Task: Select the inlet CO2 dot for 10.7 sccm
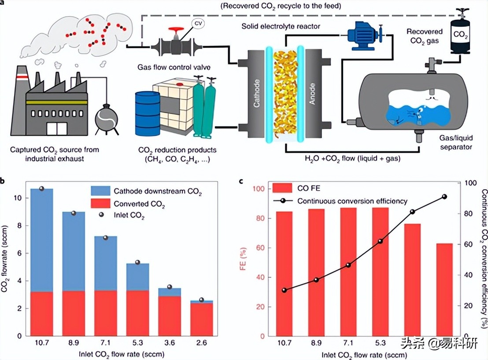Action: click(x=42, y=188)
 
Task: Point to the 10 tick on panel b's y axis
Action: click(x=18, y=198)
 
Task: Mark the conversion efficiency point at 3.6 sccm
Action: click(x=412, y=212)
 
